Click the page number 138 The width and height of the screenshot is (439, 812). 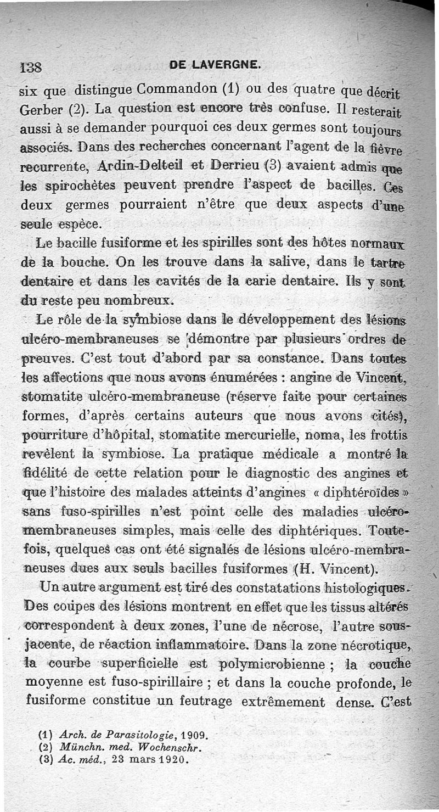32,67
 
